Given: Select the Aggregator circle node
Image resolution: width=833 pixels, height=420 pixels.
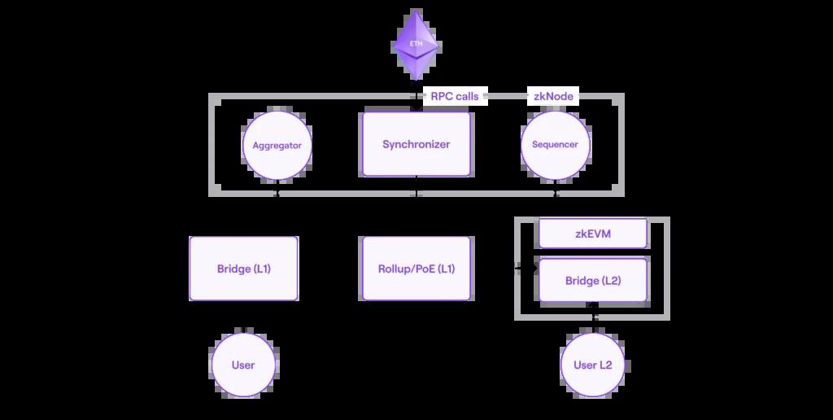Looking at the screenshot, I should (277, 145).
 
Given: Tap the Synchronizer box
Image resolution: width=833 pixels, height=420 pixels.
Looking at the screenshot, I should (416, 144).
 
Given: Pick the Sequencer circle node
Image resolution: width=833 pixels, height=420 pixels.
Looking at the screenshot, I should (555, 145).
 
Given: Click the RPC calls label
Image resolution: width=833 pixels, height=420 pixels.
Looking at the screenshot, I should (454, 96).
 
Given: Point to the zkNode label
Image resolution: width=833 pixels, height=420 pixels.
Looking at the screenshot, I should (553, 96).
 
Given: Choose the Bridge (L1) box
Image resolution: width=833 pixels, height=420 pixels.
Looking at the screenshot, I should (243, 269).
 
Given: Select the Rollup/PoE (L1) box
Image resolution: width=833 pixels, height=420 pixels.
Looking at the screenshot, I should (416, 269).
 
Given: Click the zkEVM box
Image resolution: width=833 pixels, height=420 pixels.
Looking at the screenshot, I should (593, 234).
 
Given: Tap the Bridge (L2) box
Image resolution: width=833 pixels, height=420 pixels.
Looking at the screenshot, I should (593, 281).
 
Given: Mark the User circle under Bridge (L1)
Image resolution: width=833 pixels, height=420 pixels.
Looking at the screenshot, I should (243, 365).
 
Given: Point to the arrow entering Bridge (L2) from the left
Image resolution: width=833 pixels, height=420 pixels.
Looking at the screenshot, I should (521, 267).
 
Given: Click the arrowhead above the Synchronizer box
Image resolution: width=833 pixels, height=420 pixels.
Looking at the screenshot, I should (416, 106).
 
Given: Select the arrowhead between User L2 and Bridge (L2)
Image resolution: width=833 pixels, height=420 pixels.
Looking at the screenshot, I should (594, 307).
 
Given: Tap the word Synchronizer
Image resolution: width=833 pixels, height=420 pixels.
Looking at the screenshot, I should (416, 144).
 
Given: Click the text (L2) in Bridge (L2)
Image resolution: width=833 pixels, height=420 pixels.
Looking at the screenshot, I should (610, 281).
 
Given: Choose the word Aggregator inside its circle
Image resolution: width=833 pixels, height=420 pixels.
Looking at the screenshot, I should (277, 145).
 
